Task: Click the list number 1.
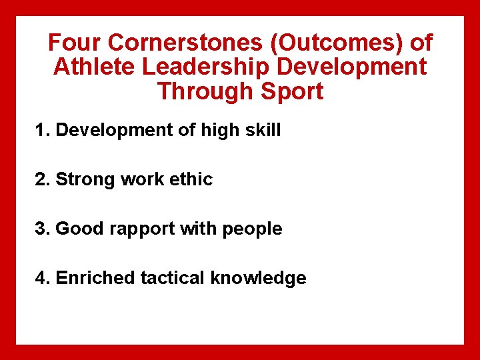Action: coord(42,130)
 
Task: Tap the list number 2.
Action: coord(42,179)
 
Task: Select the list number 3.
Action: coord(42,229)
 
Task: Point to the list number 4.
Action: coord(42,278)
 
